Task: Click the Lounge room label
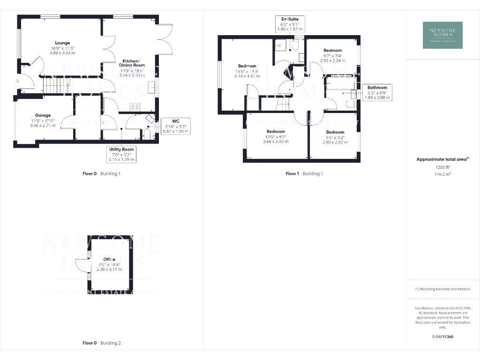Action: pos(63,43)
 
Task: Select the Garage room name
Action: pos(43,115)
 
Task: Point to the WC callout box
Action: pos(176,126)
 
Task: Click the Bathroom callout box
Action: pos(377,92)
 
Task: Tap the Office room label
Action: pos(109,259)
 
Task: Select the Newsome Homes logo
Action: pos(442,35)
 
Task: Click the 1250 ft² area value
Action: pos(442,167)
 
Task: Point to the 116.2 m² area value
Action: pos(442,173)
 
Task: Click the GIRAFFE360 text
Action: pos(442,337)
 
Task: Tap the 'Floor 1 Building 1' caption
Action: pos(304,173)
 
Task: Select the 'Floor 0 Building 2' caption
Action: pos(101,343)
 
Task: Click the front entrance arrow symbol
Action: pos(17,81)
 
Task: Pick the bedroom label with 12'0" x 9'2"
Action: pos(276,132)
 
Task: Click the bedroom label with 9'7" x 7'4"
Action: pos(332,50)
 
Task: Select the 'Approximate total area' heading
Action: pos(442,159)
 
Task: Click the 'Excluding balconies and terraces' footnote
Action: pos(442,289)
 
